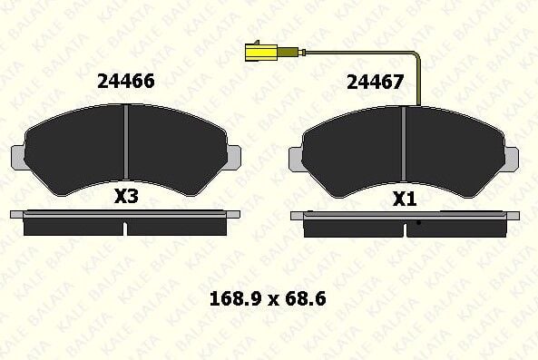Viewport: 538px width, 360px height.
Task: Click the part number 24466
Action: click(126, 82)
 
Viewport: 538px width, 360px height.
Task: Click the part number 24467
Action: click(375, 83)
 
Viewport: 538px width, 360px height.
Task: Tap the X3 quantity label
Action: click(126, 197)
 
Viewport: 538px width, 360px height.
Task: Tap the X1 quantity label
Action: click(405, 199)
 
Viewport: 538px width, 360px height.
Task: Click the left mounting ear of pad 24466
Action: click(18, 157)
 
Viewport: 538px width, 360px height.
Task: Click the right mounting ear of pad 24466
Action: click(234, 157)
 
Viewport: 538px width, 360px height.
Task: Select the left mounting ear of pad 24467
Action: click(296, 160)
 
